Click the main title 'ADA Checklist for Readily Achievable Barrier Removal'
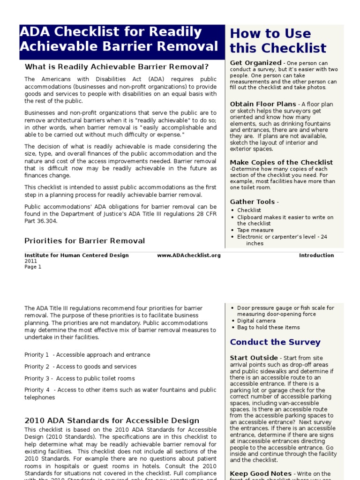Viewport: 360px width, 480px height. coord(119,39)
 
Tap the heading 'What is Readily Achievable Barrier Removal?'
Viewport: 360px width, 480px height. coord(117,67)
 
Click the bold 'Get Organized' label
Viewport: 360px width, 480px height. coord(255,63)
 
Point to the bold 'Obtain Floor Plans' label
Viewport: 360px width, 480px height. coord(263,104)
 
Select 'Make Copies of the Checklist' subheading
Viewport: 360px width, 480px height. coord(281,162)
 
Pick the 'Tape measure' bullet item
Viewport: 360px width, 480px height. coord(255,230)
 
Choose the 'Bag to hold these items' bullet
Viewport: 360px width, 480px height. coord(269,327)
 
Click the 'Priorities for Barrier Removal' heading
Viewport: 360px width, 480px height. coord(85,241)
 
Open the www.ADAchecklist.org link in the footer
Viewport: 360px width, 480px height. coord(189,255)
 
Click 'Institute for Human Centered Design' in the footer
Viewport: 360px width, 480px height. coord(76,255)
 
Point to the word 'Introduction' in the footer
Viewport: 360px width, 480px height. coord(316,255)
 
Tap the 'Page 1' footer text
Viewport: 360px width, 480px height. coord(33,267)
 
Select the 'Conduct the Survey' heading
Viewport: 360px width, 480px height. coord(275,342)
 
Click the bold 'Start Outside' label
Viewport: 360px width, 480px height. coord(254,358)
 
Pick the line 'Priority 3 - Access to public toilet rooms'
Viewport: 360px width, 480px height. coord(80,378)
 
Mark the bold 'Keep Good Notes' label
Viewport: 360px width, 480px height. coord(260,474)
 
